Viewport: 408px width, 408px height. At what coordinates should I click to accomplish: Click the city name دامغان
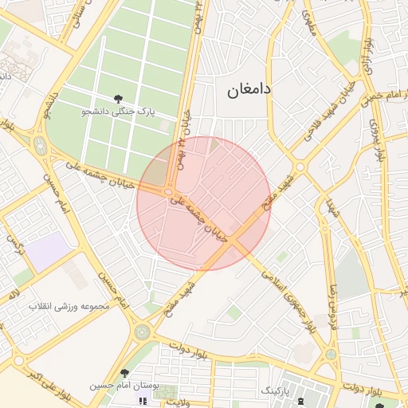point(249,90)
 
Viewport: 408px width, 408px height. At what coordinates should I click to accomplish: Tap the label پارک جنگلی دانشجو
point(119,112)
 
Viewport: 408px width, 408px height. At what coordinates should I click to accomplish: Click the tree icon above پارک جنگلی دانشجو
point(119,99)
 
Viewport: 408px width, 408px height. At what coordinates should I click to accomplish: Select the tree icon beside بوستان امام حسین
point(124,373)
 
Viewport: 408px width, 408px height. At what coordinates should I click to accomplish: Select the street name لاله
point(14,296)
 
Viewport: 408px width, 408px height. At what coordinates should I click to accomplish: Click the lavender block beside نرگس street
point(50,251)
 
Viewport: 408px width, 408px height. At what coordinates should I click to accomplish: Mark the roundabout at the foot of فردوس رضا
point(330,354)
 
